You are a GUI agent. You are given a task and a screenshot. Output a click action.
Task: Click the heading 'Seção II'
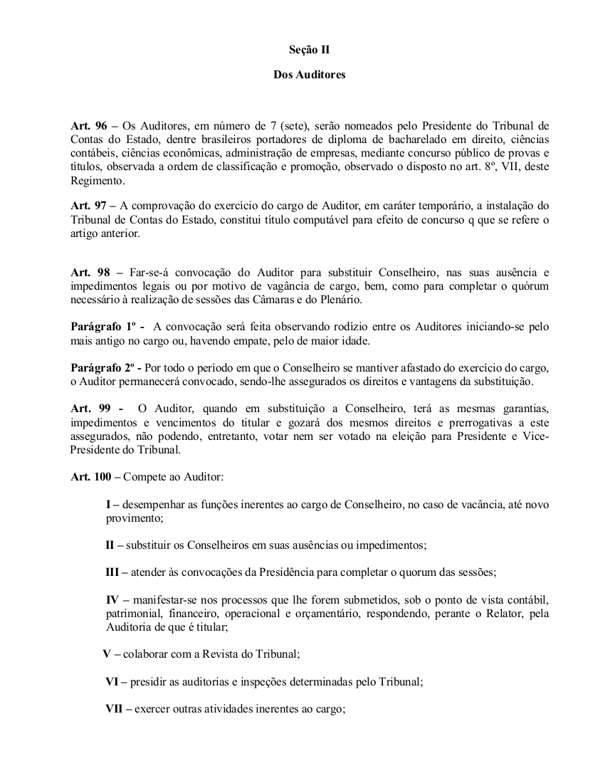point(309,50)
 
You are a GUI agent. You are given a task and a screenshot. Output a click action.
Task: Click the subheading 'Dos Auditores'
point(309,74)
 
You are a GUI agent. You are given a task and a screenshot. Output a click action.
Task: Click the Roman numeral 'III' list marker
point(112,572)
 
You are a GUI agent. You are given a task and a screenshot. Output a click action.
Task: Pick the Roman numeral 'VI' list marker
point(112,681)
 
